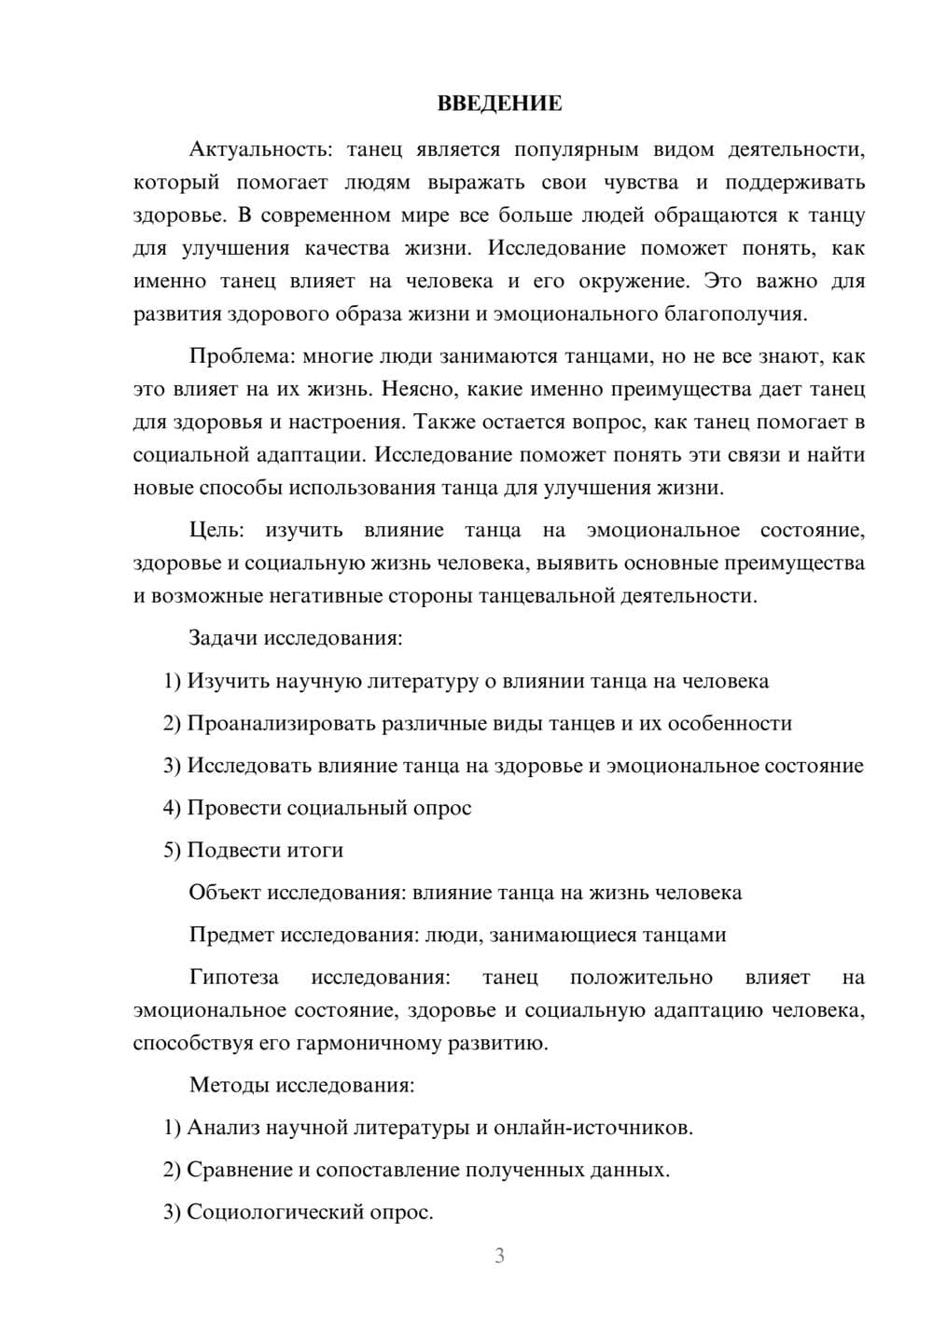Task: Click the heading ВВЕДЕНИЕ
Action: (499, 104)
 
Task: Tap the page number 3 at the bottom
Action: (499, 1256)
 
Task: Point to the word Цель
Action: (216, 530)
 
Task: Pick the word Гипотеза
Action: (233, 977)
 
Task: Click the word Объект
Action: (225, 893)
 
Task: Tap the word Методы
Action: (225, 1085)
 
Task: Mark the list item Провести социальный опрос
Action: (328, 808)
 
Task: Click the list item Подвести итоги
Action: (265, 850)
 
